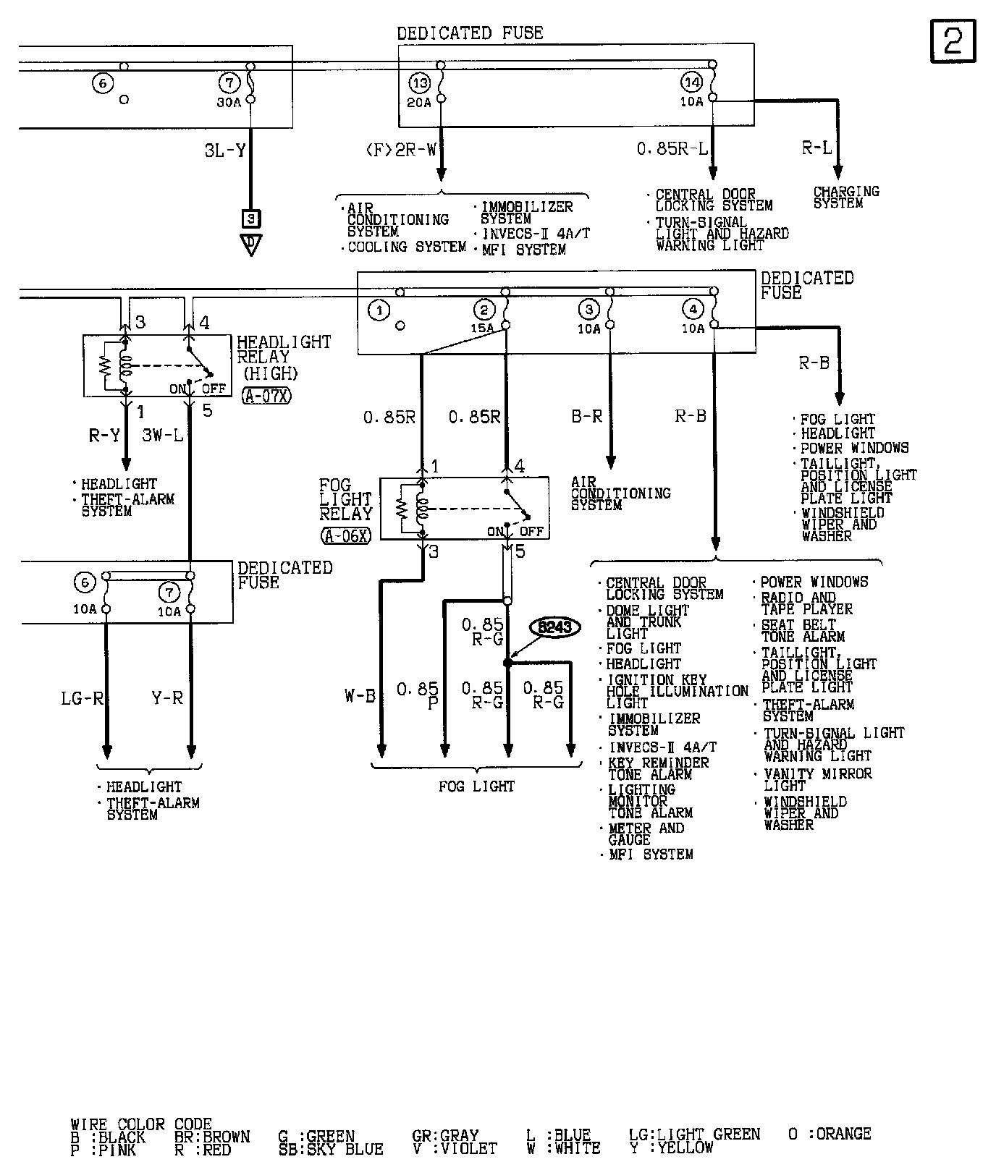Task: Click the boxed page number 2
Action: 953,41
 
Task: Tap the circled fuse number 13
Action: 420,82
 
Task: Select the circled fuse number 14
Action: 692,82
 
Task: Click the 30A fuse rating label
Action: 228,102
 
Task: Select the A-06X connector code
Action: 346,535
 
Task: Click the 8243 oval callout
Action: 555,627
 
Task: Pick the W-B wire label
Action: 360,697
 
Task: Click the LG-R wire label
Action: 82,698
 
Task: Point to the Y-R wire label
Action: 167,698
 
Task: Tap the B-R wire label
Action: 586,417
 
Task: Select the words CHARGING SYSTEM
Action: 845,198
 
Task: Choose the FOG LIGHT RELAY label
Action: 345,499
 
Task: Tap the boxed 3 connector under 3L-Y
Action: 250,219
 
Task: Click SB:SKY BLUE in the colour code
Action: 331,1148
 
